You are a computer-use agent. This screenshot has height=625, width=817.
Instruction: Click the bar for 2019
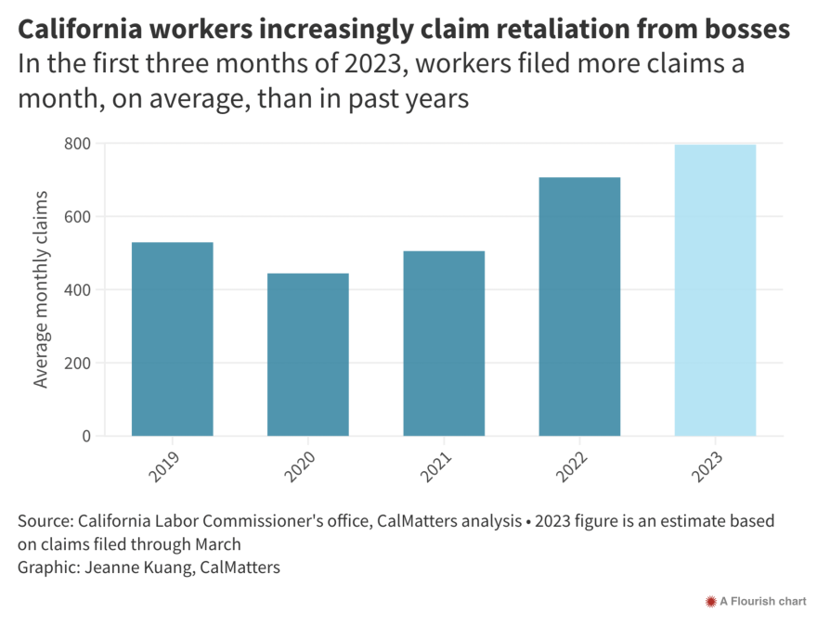(x=172, y=338)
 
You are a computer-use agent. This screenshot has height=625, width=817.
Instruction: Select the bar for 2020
(x=307, y=354)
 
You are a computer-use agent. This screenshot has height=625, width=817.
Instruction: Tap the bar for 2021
(x=443, y=343)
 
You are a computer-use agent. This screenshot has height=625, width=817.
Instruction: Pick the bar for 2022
(x=579, y=306)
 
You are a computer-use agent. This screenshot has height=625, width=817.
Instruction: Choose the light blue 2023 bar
(x=715, y=289)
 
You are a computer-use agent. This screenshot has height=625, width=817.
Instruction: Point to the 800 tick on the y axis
(x=77, y=144)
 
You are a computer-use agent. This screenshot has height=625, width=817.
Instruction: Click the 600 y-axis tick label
(x=77, y=217)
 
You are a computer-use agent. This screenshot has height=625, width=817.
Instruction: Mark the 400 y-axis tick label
(x=77, y=290)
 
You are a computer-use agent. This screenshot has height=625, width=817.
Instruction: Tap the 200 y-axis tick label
(x=77, y=363)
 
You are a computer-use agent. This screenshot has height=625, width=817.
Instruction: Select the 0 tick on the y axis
(x=86, y=436)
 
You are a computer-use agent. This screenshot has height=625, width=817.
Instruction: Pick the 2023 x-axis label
(x=707, y=467)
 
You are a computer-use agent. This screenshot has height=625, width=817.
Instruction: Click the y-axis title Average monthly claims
(x=41, y=289)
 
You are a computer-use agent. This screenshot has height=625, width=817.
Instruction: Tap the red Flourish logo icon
(x=711, y=602)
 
